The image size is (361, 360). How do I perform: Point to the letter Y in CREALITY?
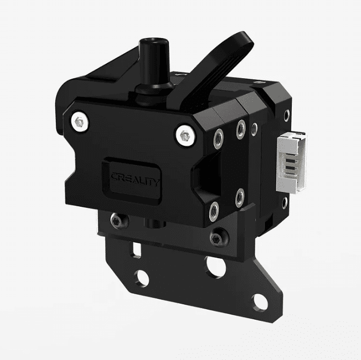pos(156,182)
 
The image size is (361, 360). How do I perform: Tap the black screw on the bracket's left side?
pos(115,220)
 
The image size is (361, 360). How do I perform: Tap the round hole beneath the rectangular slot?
pos(142,277)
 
